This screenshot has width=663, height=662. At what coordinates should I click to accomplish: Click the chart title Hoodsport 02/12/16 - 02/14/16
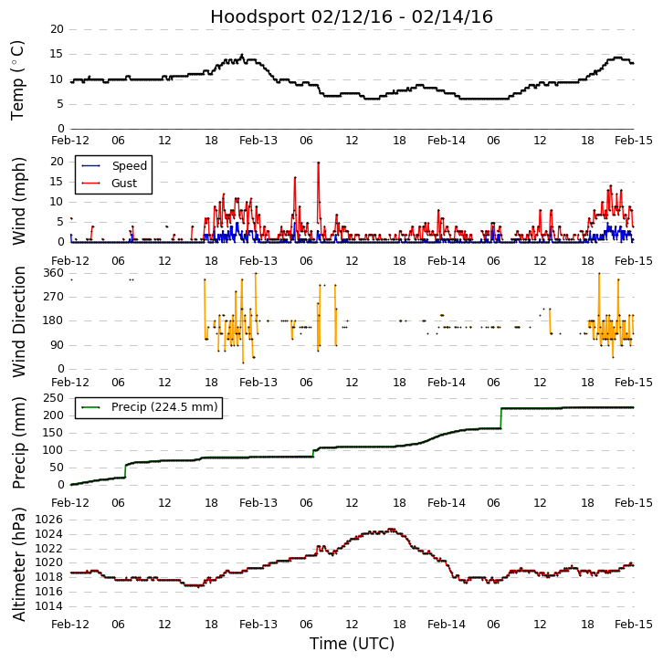click(x=352, y=17)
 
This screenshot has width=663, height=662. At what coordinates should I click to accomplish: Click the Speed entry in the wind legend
click(x=129, y=166)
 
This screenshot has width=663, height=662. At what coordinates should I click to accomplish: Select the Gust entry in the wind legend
click(x=124, y=184)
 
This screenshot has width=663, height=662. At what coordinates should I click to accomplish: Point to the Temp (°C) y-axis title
click(x=18, y=79)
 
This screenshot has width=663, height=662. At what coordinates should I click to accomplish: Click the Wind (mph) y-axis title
click(x=20, y=200)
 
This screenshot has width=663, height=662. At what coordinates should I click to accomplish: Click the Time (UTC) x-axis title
click(x=352, y=644)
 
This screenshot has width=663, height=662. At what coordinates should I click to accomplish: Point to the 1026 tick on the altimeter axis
click(x=50, y=520)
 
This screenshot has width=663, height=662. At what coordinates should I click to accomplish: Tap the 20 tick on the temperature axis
click(x=57, y=29)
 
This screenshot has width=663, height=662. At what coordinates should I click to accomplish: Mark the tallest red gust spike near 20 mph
click(x=318, y=164)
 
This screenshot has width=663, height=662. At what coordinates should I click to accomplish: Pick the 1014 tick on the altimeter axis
click(x=50, y=606)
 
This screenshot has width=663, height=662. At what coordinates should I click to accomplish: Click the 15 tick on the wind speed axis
click(x=57, y=182)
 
